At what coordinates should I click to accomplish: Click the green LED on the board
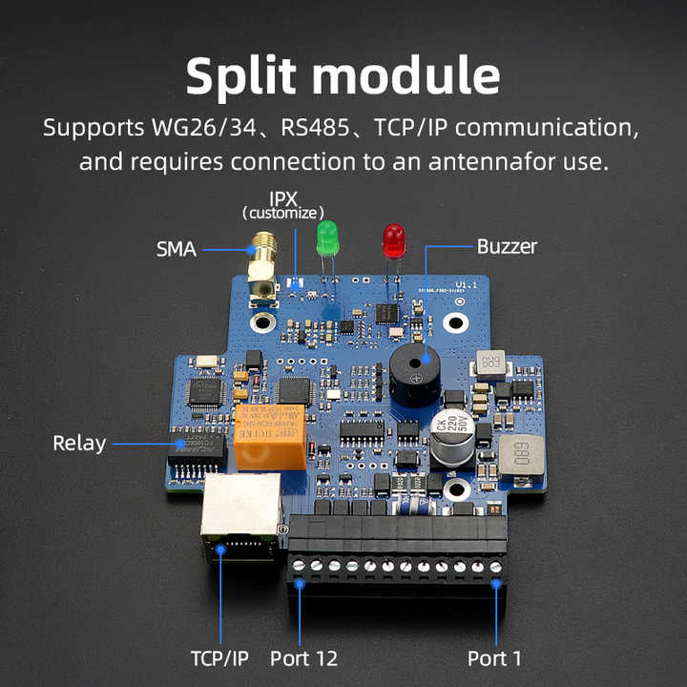click(327, 236)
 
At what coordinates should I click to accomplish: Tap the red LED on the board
click(392, 239)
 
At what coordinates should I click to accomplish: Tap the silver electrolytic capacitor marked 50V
click(450, 436)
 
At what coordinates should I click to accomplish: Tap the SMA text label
click(176, 250)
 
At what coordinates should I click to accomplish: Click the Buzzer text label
click(507, 247)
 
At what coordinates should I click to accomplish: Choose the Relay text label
click(79, 443)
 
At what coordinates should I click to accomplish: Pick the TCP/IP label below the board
click(220, 658)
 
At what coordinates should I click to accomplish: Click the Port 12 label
click(303, 658)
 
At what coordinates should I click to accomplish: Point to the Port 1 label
click(494, 658)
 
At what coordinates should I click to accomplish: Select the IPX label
click(283, 198)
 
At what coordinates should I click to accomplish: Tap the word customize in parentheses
click(283, 213)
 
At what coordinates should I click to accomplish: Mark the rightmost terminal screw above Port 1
click(495, 567)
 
